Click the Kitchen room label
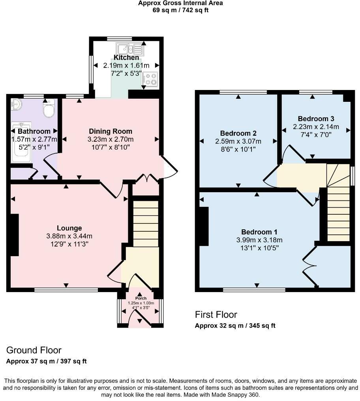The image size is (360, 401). point(126,58)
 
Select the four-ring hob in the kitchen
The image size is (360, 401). point(150,79)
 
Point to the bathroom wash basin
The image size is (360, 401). point(17,104)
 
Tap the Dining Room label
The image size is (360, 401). point(111,131)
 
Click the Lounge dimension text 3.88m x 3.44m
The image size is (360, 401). point(69,236)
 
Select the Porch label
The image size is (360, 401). point(141,298)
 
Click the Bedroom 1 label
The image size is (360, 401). point(257,232)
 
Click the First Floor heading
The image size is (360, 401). point(216,315)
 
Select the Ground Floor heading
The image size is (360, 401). point(34,350)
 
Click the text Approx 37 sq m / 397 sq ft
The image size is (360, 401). point(47,361)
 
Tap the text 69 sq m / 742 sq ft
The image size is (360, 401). point(180,10)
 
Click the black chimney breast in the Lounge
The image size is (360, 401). point(15,235)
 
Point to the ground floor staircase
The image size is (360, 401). point(145,223)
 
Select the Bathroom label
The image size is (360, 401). point(34,131)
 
